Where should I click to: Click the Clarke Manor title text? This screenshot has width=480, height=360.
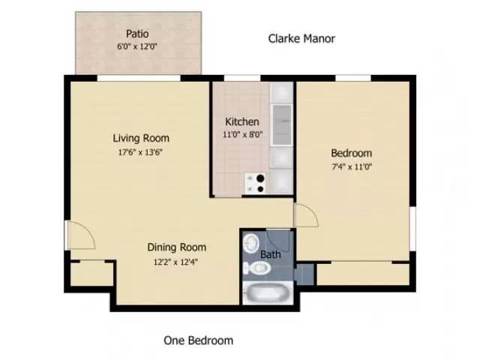point(301,38)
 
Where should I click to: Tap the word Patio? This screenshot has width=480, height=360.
point(137,33)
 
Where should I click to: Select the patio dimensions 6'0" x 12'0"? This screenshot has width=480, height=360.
point(138,46)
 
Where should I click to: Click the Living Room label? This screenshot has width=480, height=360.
point(141,138)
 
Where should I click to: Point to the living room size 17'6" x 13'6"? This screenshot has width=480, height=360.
point(141,151)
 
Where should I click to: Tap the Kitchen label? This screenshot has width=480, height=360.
point(242,121)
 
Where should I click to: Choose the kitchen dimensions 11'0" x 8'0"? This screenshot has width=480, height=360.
point(242,135)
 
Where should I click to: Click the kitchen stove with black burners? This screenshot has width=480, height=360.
point(256,181)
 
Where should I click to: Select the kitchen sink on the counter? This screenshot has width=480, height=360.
point(282,123)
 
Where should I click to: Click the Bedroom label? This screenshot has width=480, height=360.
point(351,153)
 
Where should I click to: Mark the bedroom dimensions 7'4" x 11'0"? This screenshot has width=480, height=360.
point(351,166)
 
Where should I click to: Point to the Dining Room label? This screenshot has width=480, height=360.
point(176,247)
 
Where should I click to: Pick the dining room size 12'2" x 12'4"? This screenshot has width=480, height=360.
point(176,262)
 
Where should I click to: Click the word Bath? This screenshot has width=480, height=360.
point(270,254)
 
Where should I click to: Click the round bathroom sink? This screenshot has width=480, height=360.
point(253,242)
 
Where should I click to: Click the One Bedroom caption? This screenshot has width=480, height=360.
point(198,340)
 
